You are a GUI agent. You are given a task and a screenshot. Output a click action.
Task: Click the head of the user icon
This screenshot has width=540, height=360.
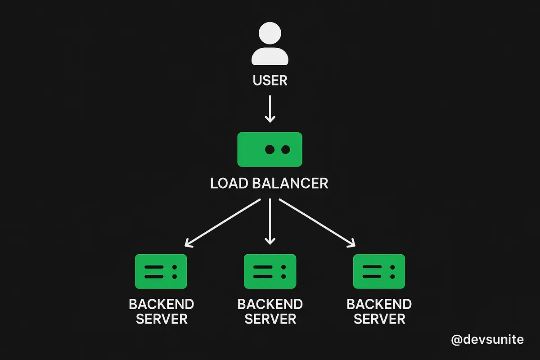pyautogui.click(x=270, y=33)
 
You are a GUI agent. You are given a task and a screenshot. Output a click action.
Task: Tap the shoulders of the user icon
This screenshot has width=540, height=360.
pyautogui.click(x=270, y=56)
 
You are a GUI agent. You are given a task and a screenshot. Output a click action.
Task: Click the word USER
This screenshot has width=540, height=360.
pyautogui.click(x=270, y=80)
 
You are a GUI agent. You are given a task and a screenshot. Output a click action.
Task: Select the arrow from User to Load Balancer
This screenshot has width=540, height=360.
pyautogui.click(x=270, y=109)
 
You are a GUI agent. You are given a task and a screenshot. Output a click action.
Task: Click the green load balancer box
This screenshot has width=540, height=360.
pyautogui.click(x=270, y=149)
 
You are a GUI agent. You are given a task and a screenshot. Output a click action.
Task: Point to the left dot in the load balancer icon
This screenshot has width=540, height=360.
pyautogui.click(x=270, y=149)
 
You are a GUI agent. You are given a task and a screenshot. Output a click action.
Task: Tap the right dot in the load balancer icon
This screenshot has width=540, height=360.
pyautogui.click(x=286, y=149)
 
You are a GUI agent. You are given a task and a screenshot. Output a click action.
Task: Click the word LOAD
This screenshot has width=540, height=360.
pyautogui.click(x=229, y=183)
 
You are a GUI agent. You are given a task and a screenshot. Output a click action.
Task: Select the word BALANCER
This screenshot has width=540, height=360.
pyautogui.click(x=290, y=183)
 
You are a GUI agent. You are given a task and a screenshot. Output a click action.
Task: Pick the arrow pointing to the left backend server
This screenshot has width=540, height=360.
pyautogui.click(x=222, y=223)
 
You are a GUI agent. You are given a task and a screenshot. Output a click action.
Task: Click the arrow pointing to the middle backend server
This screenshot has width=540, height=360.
pyautogui.click(x=270, y=221)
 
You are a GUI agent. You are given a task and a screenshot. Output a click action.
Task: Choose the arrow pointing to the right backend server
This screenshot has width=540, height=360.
pyautogui.click(x=317, y=223)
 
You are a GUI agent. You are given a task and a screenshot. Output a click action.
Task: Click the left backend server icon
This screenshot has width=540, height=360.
pyautogui.click(x=161, y=271)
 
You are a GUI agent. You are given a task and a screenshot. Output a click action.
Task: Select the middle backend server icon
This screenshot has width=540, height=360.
pyautogui.click(x=270, y=271)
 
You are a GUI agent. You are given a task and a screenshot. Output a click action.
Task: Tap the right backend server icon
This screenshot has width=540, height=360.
pyautogui.click(x=379, y=271)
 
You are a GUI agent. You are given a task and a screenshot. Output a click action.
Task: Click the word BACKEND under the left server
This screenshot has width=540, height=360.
pyautogui.click(x=162, y=304)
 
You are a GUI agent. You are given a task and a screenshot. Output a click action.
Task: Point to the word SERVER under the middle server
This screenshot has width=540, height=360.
pyautogui.click(x=270, y=319)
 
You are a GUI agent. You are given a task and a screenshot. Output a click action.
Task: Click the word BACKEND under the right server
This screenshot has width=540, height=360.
pyautogui.click(x=379, y=304)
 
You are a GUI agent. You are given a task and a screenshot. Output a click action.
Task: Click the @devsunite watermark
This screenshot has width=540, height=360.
pyautogui.click(x=487, y=340)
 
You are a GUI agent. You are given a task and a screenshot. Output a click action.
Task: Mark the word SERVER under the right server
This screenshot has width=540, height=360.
pyautogui.click(x=379, y=319)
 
